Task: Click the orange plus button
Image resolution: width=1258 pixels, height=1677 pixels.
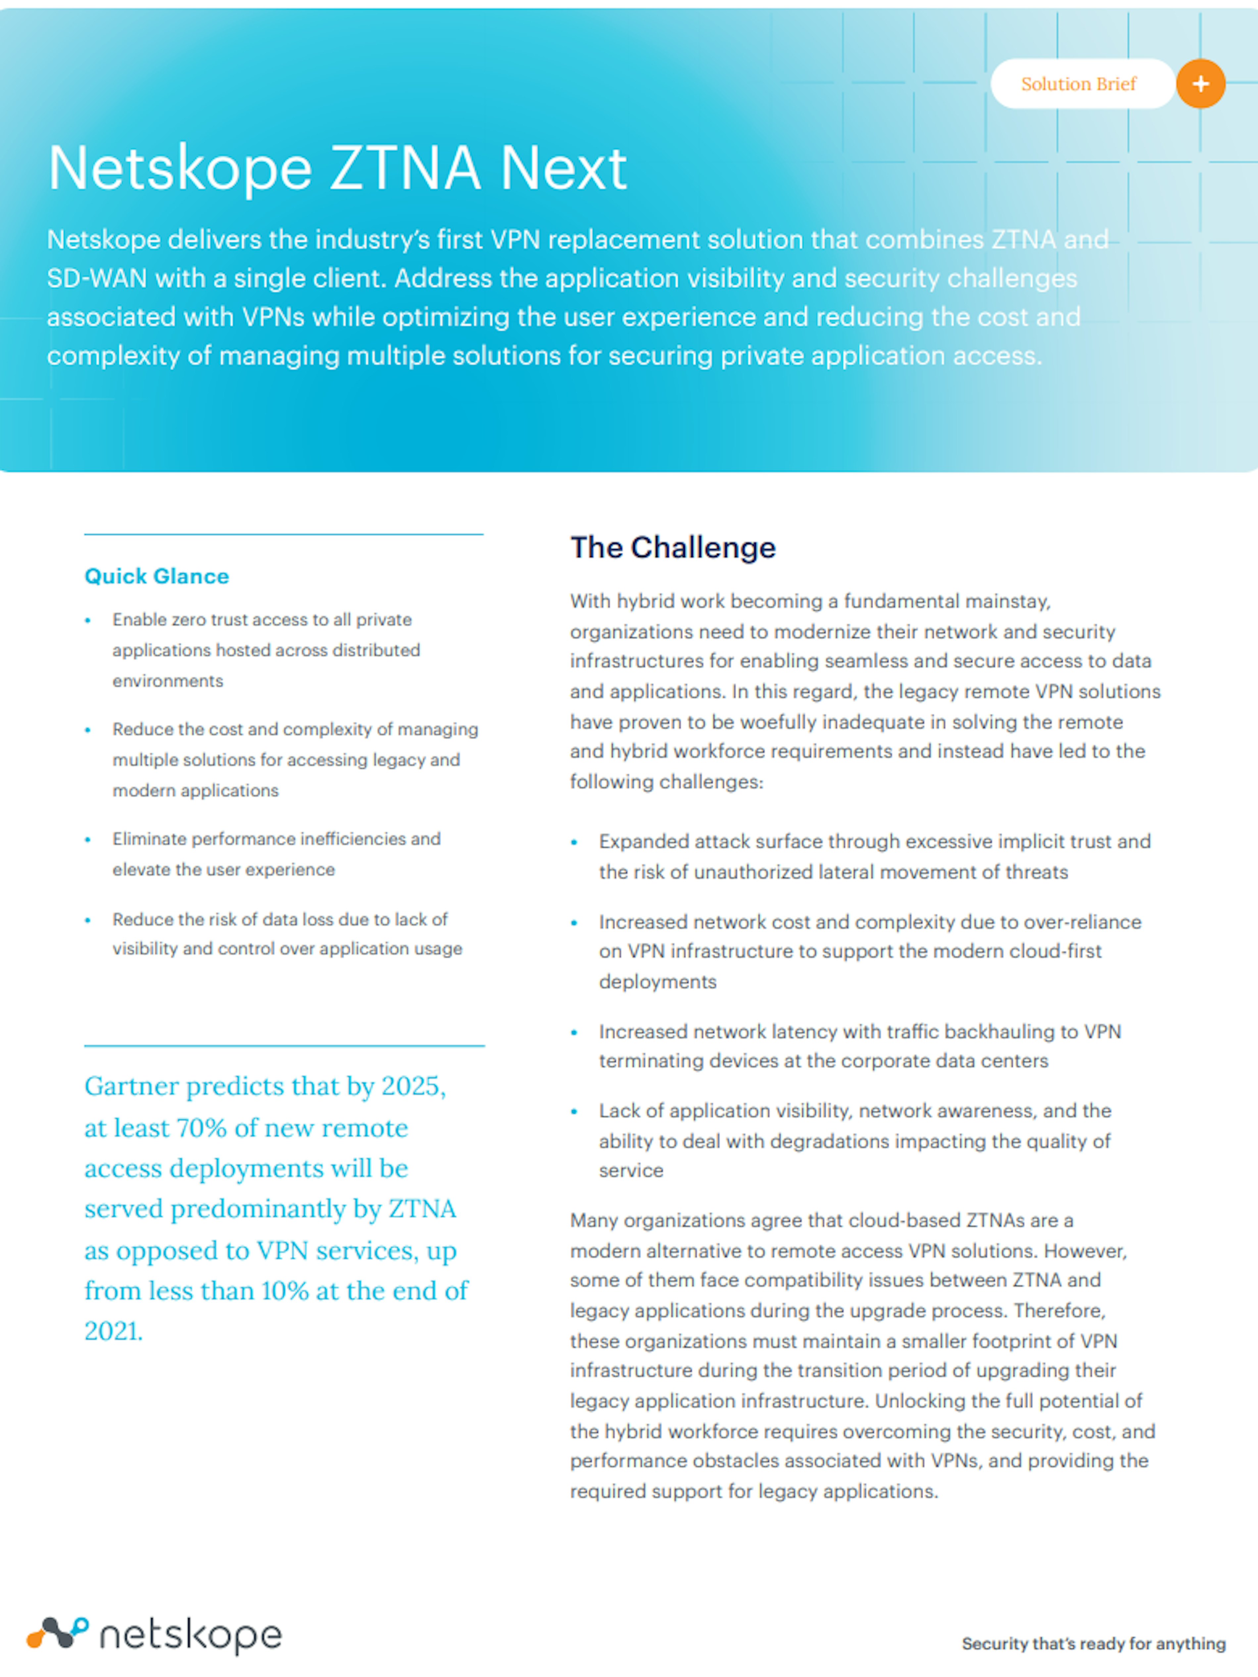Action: click(1200, 83)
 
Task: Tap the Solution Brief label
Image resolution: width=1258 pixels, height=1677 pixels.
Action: click(1078, 84)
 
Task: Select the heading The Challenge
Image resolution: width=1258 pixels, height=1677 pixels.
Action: click(673, 547)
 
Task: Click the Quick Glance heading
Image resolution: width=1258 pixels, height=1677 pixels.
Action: click(156, 576)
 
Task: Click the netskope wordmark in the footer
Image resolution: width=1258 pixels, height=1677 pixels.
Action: click(190, 1636)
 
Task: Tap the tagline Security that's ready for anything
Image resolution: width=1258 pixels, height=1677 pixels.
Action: click(1093, 1644)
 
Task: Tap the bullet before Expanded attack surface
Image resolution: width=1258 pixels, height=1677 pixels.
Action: click(574, 842)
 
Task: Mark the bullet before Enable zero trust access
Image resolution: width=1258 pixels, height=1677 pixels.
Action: click(88, 620)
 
